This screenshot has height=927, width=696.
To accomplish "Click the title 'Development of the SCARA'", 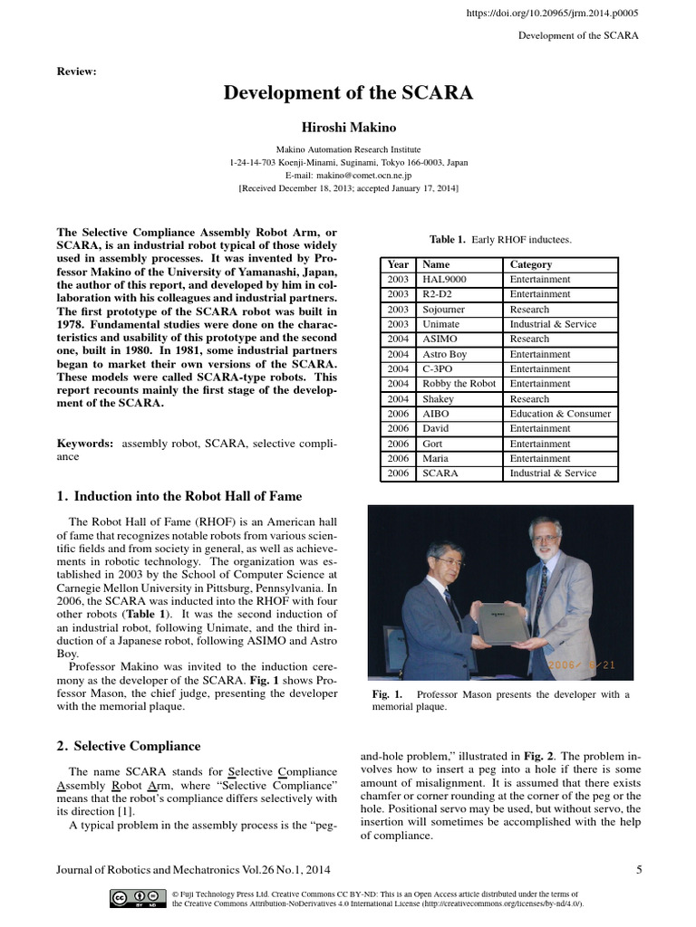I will point(348,93).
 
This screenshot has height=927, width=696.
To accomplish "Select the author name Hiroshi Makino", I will point(348,128).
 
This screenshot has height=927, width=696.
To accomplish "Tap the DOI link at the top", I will point(553,14).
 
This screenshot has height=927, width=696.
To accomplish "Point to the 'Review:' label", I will point(76,71).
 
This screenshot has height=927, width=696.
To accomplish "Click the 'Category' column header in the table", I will point(531,264).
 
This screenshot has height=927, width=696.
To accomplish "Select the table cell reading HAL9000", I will point(444,280).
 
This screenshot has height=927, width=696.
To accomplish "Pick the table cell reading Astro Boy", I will point(445,354).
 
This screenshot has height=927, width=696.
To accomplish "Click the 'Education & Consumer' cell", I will point(560,414).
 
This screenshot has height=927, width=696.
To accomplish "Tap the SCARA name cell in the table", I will point(440,473).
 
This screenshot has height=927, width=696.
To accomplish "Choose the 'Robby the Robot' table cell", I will point(459,384).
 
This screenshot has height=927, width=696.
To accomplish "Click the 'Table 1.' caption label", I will point(448,240).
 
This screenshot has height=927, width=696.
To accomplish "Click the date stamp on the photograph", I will point(582,665).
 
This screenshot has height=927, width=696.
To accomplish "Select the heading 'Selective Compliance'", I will point(137,746).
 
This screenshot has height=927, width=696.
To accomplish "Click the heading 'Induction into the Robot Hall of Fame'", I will point(188,496).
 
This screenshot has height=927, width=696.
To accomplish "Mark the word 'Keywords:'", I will point(85,444).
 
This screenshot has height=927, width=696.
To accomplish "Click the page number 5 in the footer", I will point(639,870).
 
